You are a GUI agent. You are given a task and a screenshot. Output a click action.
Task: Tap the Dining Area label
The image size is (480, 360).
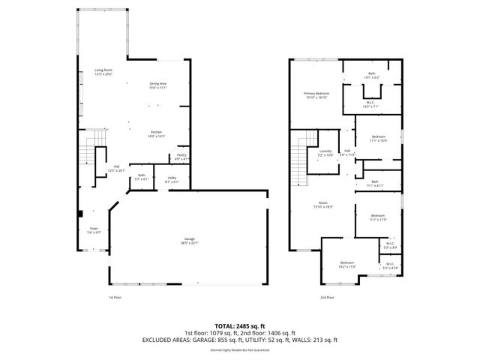[157, 85]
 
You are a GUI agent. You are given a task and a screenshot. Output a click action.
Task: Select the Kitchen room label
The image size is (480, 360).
[156, 133]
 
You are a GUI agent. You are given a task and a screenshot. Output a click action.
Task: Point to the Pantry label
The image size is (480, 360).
[181, 156]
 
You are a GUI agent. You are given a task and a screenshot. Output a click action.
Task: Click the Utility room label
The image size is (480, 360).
[172, 179]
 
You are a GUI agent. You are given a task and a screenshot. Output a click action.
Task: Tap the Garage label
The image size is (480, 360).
[189, 240]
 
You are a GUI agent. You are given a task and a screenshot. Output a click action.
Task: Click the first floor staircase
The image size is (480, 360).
[90, 153]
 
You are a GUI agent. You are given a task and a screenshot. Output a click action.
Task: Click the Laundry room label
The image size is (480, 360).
[325, 153]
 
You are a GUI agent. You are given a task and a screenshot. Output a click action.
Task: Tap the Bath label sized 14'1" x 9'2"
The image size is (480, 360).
[371, 75]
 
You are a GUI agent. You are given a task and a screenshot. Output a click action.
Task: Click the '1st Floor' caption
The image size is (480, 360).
[114, 298]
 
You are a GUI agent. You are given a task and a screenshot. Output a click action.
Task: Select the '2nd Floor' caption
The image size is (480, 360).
[327, 298]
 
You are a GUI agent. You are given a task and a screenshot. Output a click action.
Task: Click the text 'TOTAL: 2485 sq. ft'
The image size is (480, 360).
[239, 326]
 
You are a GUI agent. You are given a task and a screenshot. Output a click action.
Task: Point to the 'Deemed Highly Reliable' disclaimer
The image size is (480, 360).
[239, 349]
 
